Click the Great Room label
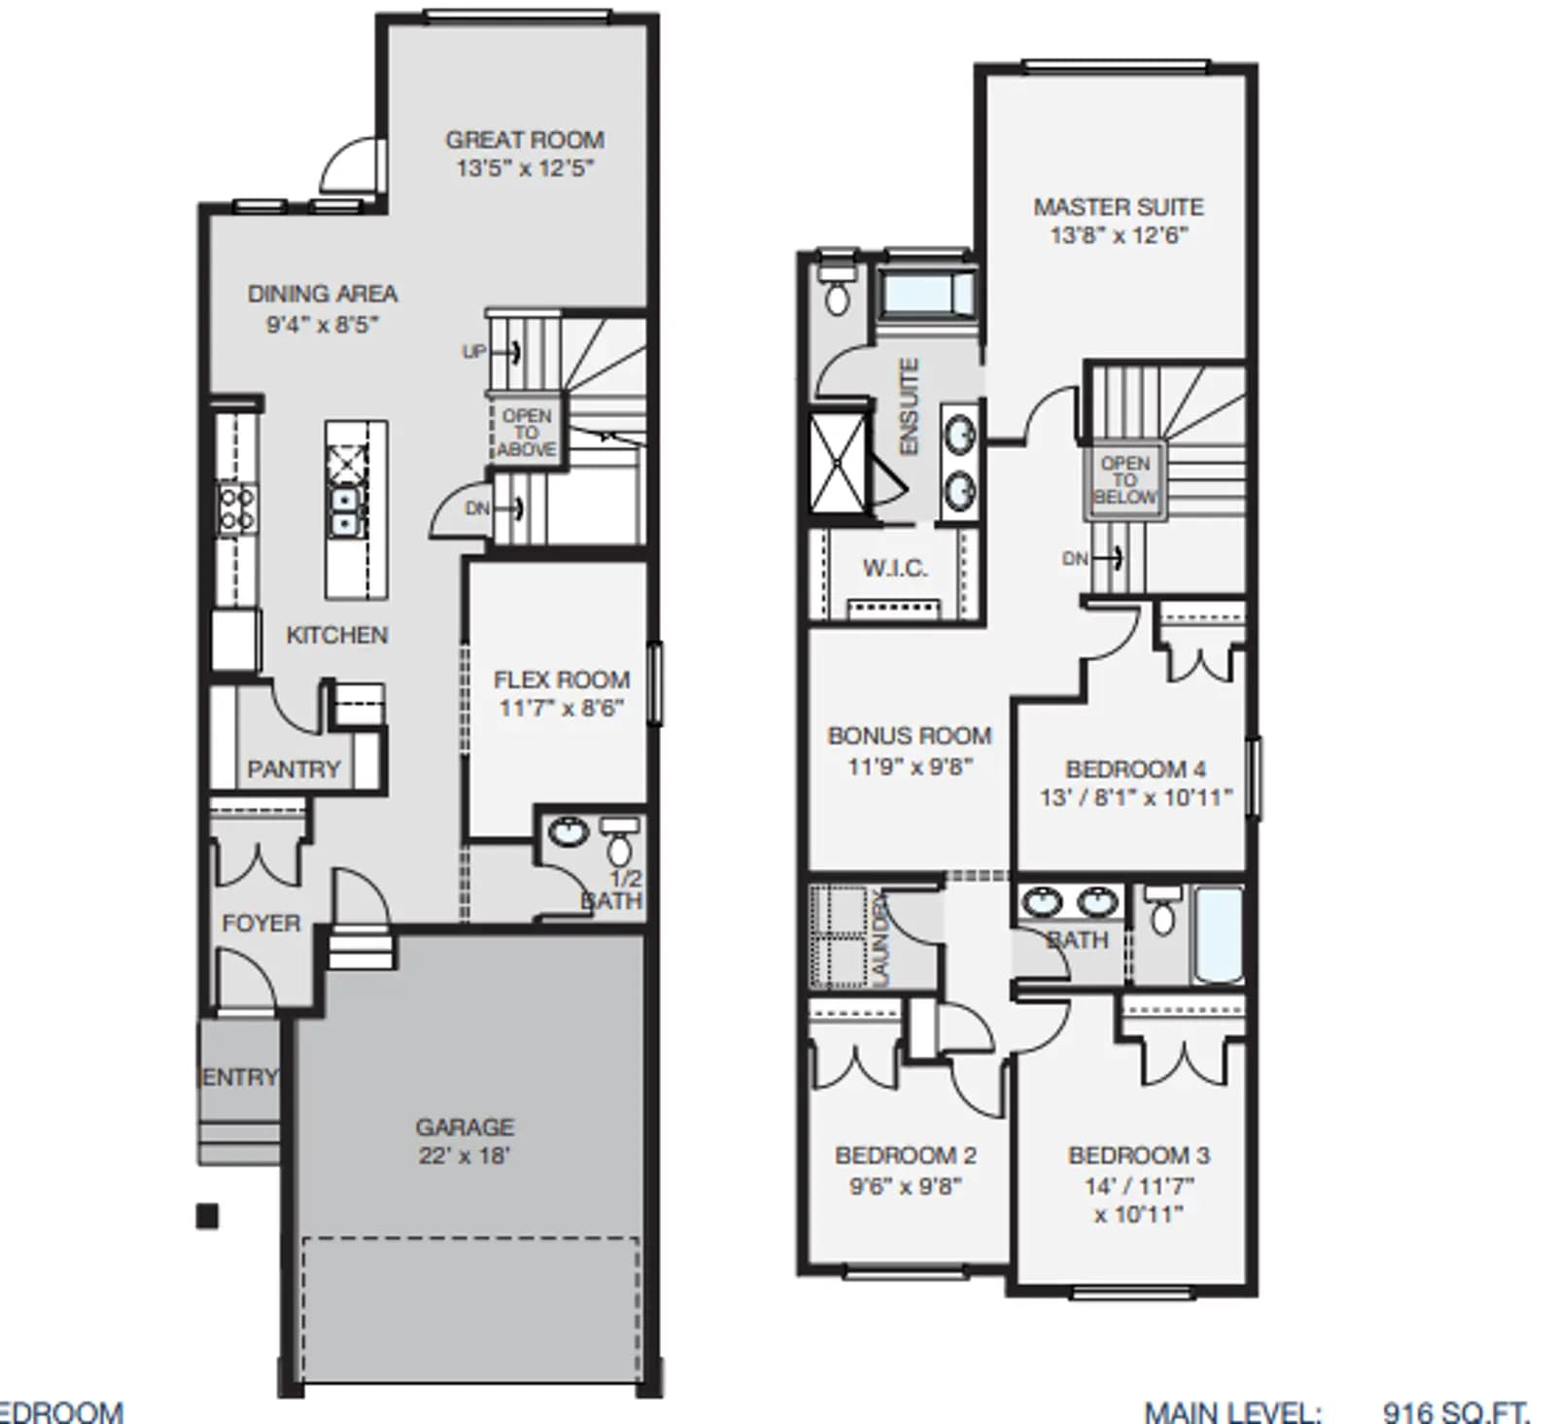(x=525, y=140)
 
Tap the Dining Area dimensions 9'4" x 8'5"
(x=323, y=325)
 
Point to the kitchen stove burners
(x=236, y=508)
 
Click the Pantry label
(x=294, y=770)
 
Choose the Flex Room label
(x=562, y=679)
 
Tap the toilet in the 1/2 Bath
(x=618, y=841)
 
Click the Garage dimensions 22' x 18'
(x=465, y=1156)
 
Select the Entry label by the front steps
(x=239, y=1077)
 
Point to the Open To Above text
(x=527, y=433)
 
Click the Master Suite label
(x=1119, y=207)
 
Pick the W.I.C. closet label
(x=895, y=569)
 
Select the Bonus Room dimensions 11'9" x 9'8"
(x=910, y=767)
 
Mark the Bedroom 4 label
(x=1136, y=770)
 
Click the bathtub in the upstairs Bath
(x=1217, y=935)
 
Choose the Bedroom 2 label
(x=906, y=1156)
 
